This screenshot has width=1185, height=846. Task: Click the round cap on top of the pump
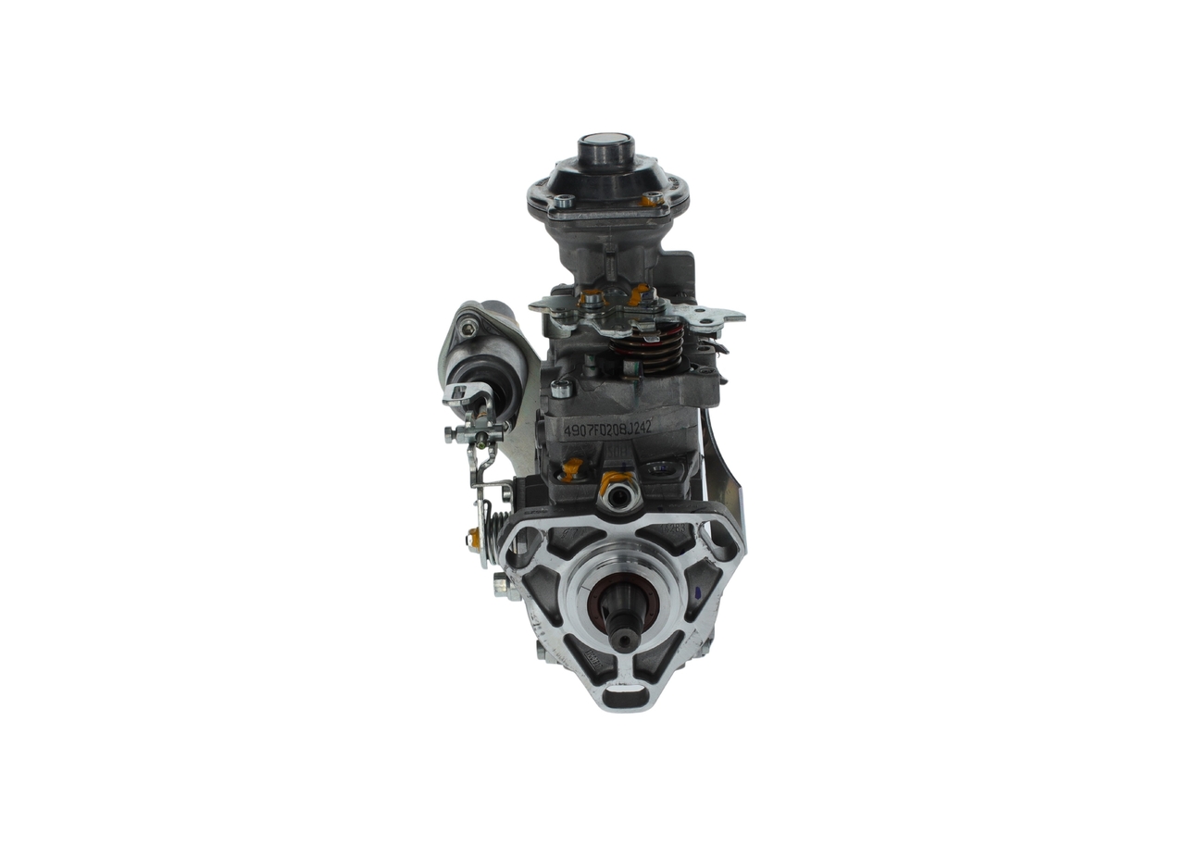tap(605, 147)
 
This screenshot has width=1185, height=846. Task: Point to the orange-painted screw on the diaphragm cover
tap(653, 198)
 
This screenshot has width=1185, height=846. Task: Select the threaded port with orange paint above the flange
tap(617, 496)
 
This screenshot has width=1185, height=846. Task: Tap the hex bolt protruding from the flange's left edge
tap(505, 585)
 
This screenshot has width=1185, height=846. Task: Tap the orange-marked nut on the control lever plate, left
tap(592, 298)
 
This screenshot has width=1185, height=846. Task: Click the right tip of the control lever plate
tap(735, 316)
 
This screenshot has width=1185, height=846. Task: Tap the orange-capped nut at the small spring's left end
tap(474, 535)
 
